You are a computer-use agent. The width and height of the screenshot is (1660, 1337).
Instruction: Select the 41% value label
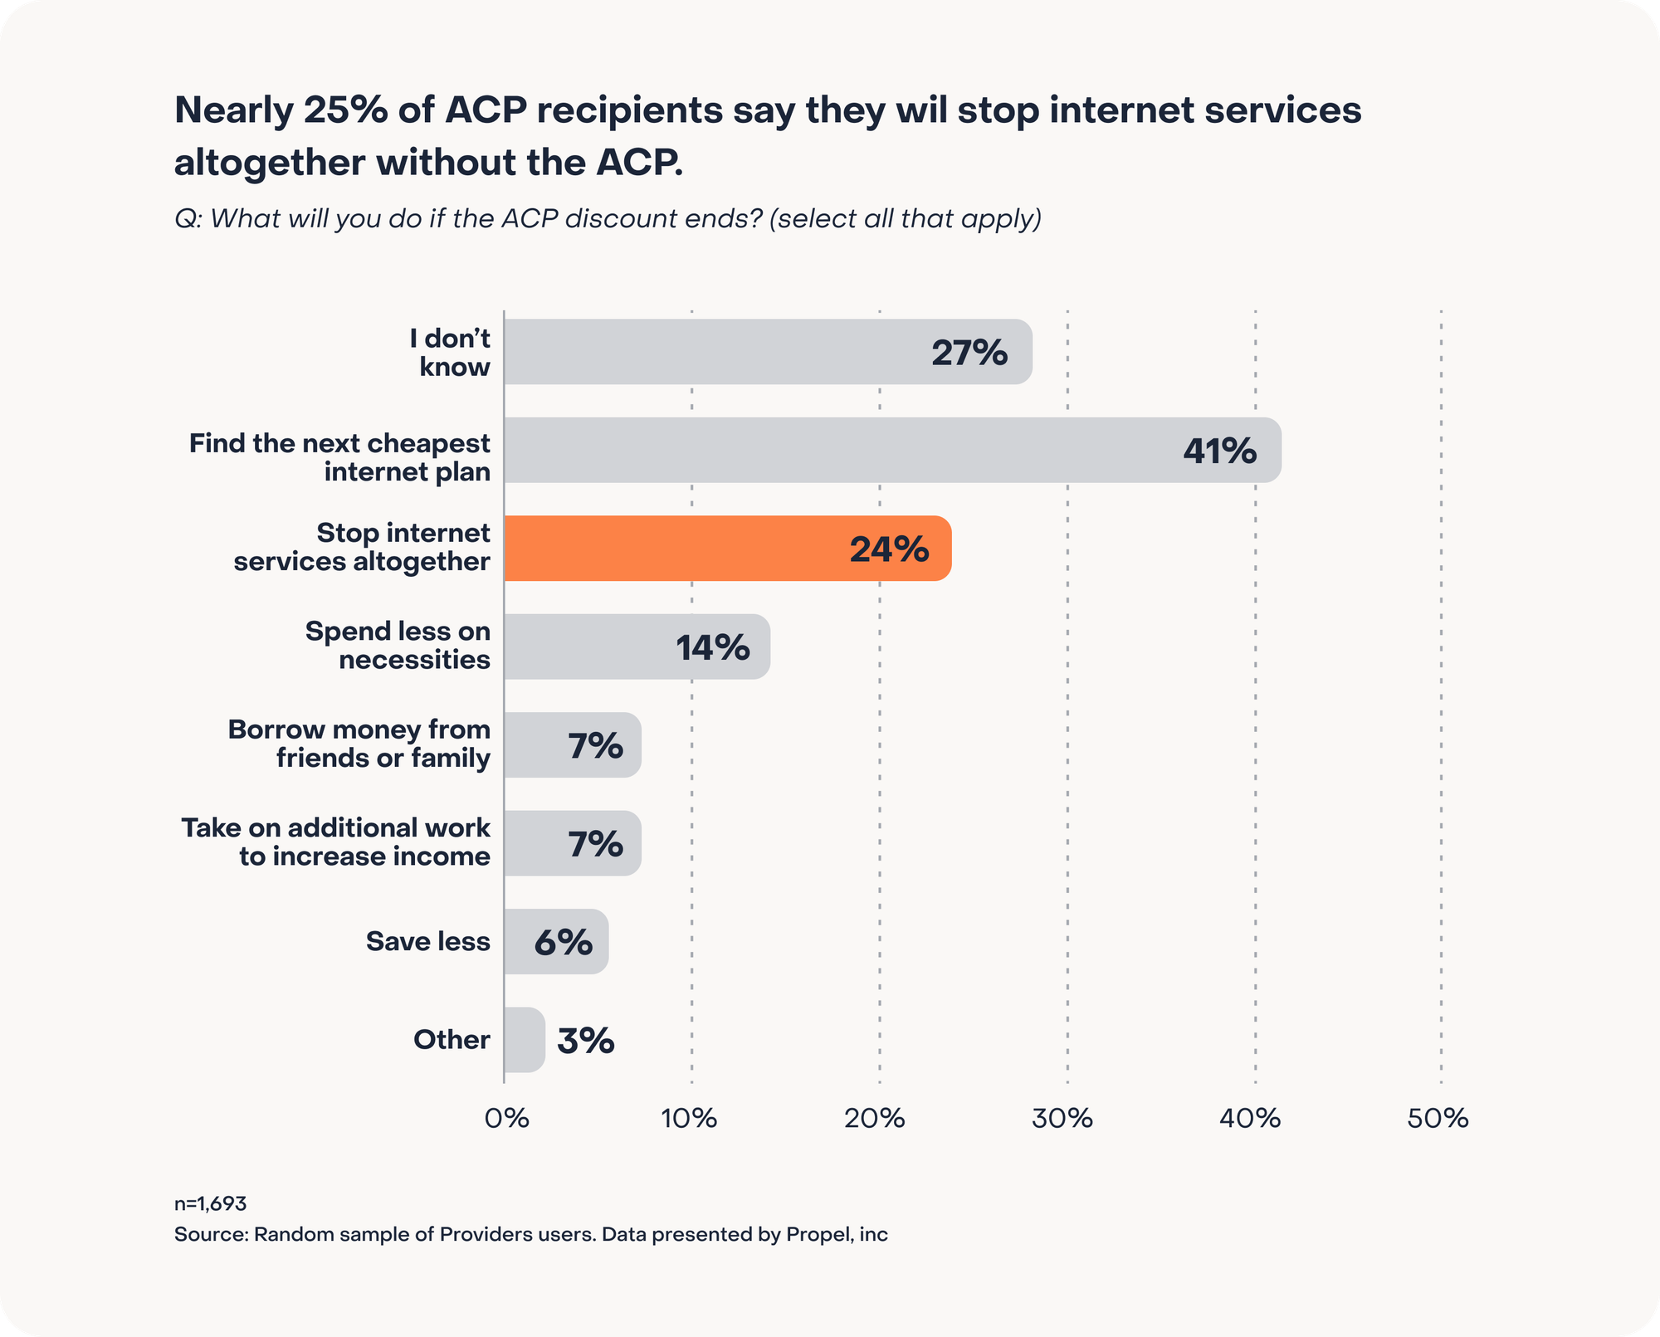click(x=1219, y=451)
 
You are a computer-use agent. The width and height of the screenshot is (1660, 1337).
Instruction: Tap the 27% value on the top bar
click(x=969, y=353)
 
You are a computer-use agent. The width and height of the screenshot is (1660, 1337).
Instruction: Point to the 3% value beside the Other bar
click(x=585, y=1041)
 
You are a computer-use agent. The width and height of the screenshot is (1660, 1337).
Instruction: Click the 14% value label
click(x=712, y=647)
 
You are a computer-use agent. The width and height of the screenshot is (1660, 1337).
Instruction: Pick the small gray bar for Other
click(x=524, y=1040)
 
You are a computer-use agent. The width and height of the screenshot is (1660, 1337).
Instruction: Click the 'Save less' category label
click(x=427, y=941)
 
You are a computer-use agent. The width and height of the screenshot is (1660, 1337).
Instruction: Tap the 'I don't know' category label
click(x=453, y=353)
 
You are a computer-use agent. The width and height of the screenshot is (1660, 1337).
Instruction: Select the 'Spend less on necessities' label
click(x=398, y=646)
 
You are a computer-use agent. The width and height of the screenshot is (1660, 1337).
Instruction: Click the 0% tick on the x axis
click(x=506, y=1119)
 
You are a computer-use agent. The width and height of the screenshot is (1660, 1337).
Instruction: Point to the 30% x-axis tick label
click(x=1062, y=1119)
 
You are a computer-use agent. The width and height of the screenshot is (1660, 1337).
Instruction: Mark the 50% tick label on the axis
click(x=1438, y=1119)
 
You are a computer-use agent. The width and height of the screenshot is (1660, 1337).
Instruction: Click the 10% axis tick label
click(x=689, y=1119)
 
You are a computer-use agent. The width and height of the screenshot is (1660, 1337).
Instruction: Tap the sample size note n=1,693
click(x=210, y=1203)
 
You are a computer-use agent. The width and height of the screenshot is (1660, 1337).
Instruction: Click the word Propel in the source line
click(x=818, y=1235)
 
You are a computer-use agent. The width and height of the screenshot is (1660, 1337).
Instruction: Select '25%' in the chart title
click(x=344, y=110)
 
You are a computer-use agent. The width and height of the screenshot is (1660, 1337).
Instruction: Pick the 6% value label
click(x=563, y=942)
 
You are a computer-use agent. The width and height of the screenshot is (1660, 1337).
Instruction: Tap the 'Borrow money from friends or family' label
click(x=359, y=744)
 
